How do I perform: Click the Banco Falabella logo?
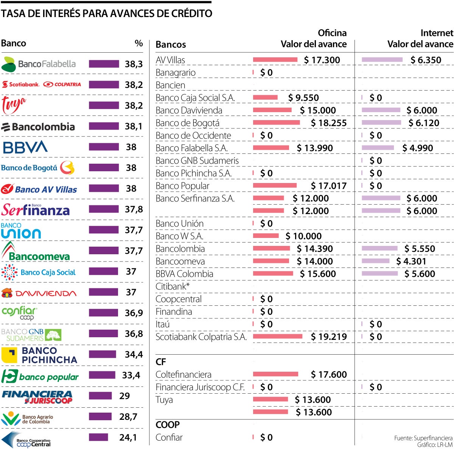pyautogui.click(x=39, y=64)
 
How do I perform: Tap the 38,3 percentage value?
pyautogui.click(x=134, y=64)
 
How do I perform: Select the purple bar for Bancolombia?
pyautogui.click(x=104, y=126)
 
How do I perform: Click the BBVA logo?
pyautogui.click(x=25, y=147)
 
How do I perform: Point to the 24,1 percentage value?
pyautogui.click(x=128, y=437)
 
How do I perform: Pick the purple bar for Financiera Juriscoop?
pyautogui.click(x=100, y=396)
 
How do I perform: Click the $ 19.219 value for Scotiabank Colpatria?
pyautogui.click(x=328, y=336)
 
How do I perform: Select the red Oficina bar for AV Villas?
pyautogui.click(x=275, y=59)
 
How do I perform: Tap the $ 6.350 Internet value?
pyautogui.click(x=426, y=60)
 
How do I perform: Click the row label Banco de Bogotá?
pyautogui.click(x=187, y=123)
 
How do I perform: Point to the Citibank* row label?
pyautogui.click(x=173, y=286)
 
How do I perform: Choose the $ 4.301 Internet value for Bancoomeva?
pyautogui.click(x=411, y=261)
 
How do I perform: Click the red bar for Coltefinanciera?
pyautogui.click(x=275, y=374)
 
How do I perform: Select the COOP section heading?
pyautogui.click(x=167, y=425)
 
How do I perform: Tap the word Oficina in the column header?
pyautogui.click(x=332, y=33)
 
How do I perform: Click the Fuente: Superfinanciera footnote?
pyautogui.click(x=423, y=438)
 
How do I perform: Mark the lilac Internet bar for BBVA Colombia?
pyautogui.click(x=379, y=274)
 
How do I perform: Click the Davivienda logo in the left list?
pyautogui.click(x=39, y=293)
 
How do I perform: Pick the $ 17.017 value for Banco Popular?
pyautogui.click(x=328, y=186)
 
